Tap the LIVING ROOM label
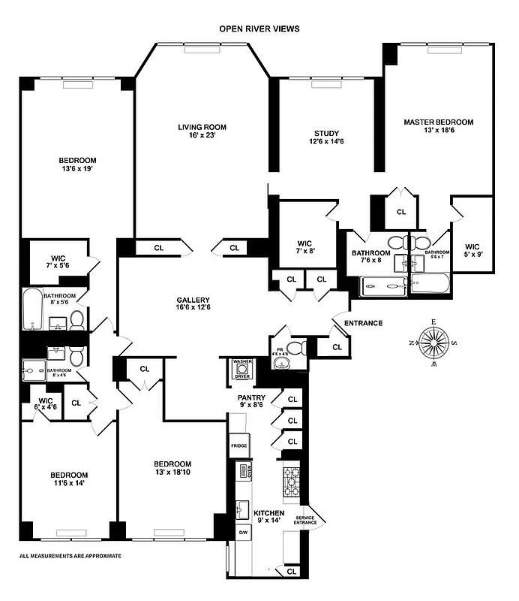[202, 131]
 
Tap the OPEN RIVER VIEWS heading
[259, 29]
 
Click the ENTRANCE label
[363, 323]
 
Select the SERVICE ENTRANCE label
[306, 521]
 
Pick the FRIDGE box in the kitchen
[238, 445]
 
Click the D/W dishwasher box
[243, 532]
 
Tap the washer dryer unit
[242, 368]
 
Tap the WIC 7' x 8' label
[304, 248]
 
